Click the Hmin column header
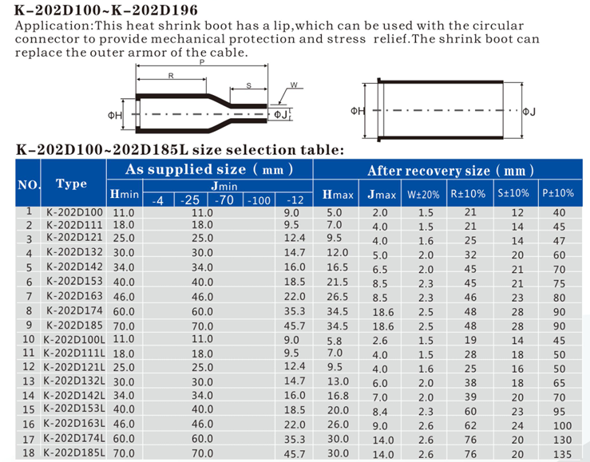[125, 195]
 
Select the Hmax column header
[338, 195]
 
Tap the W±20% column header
[423, 194]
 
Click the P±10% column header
[558, 194]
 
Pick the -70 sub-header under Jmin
[226, 200]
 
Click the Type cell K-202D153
[74, 282]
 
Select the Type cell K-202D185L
[74, 452]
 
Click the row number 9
[29, 325]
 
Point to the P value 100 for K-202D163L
[559, 425]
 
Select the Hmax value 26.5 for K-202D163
[338, 297]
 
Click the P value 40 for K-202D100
[559, 213]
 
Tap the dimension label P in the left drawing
[202, 61]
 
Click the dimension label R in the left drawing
[172, 75]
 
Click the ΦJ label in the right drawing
[528, 113]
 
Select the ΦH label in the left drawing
[114, 116]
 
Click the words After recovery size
[429, 171]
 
